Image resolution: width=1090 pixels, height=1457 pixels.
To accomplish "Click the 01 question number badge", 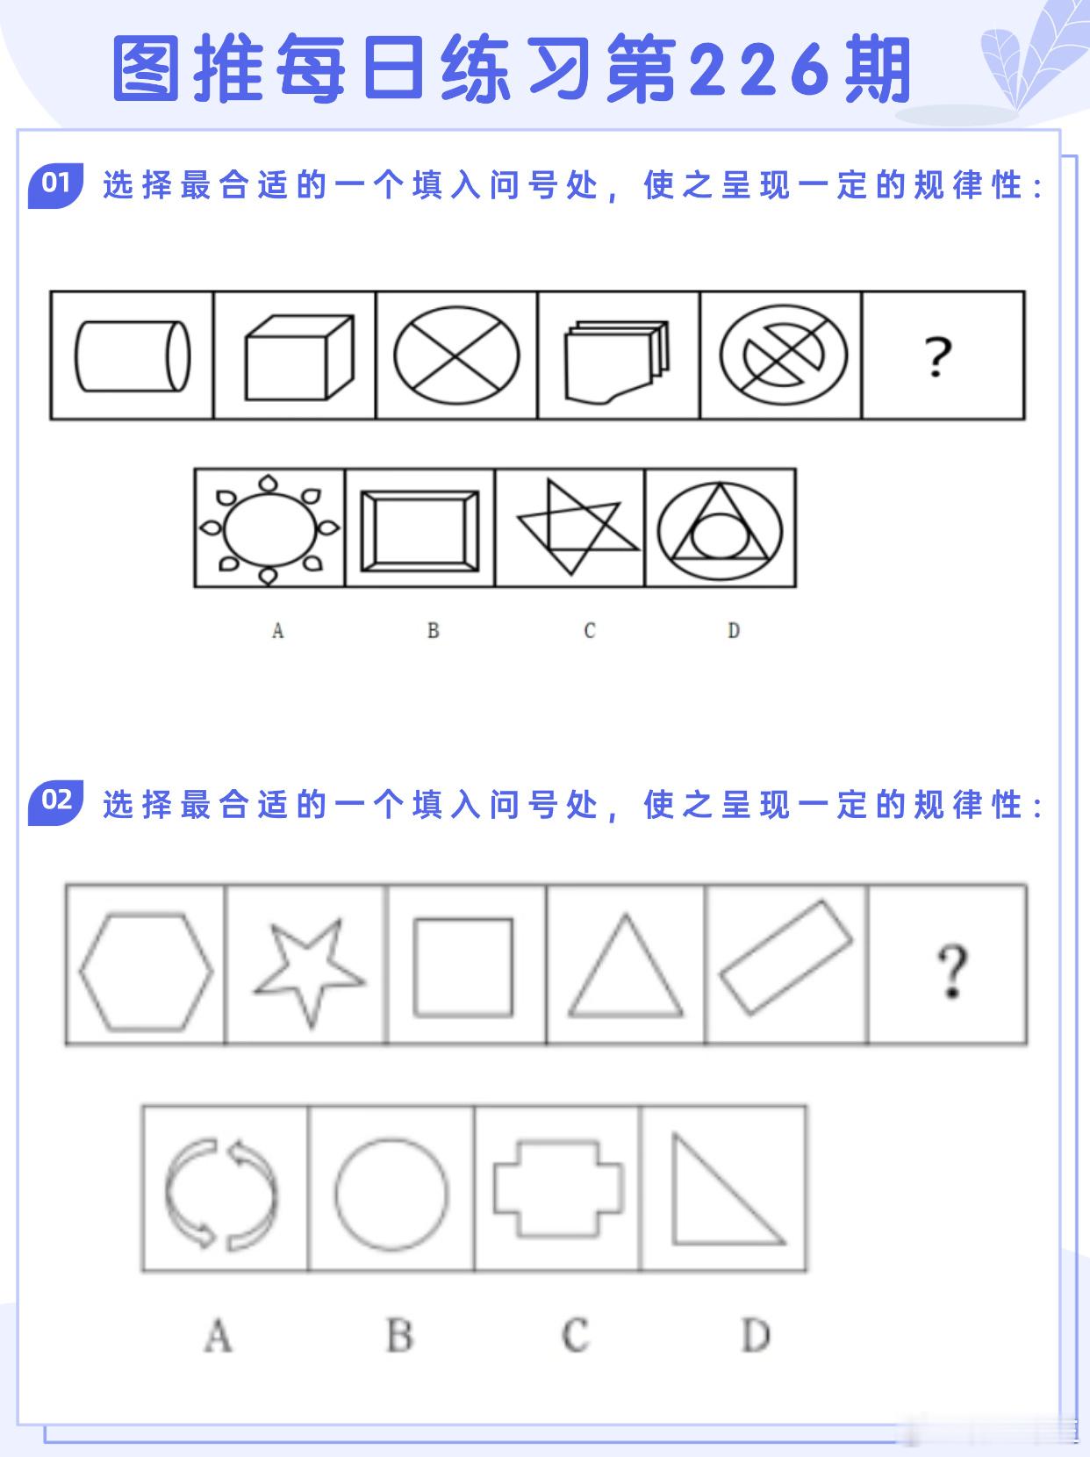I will coord(55,184).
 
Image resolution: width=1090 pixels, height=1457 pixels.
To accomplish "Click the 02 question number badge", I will coord(55,802).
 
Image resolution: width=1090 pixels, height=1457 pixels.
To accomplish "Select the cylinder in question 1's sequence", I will coord(132,355).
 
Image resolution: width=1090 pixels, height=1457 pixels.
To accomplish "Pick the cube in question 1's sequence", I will coord(298,356).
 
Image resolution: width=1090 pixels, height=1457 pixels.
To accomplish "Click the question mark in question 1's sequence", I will coord(937,356).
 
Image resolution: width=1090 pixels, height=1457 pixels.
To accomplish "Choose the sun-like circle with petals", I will coord(269,528).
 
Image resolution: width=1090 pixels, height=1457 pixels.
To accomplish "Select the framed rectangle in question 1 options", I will coord(420,528).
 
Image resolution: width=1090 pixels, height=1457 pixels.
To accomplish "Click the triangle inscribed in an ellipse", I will coord(721,528).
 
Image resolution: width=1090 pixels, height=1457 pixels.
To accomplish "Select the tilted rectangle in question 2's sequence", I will coord(785,958).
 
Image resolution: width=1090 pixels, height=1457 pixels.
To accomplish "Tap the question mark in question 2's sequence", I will coord(951,971).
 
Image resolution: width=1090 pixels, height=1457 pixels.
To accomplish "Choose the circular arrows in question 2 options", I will coord(222,1193).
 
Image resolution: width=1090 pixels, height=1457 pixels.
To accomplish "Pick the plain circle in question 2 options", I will coord(391,1194).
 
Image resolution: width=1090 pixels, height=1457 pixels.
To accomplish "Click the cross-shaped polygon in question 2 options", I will coord(558,1189).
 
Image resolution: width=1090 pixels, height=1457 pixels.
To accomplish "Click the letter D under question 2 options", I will coord(755,1336).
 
